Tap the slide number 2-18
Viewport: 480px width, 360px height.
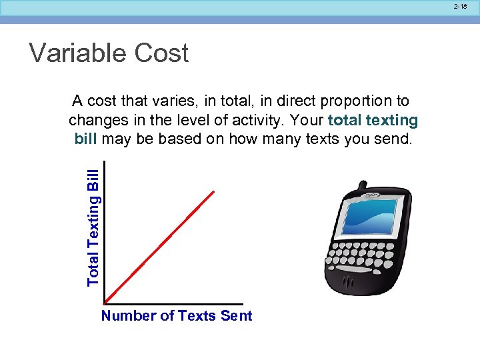coord(460,7)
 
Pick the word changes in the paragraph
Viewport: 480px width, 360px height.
coord(95,121)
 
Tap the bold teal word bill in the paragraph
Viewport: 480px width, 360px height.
coord(86,139)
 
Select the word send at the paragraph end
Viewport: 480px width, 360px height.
coord(397,139)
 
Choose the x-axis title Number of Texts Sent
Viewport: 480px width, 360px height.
coord(177,316)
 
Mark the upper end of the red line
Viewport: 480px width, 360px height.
coord(214,191)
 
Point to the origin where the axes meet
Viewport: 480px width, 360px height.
coord(105,303)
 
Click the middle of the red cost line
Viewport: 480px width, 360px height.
coord(160,247)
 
